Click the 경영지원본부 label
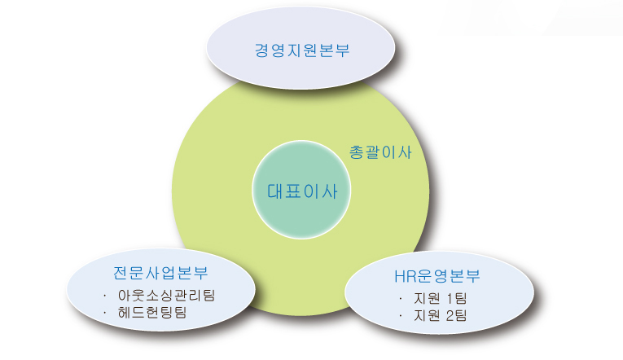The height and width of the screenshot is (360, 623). click(x=302, y=50)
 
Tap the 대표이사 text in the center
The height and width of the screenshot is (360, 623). click(x=302, y=191)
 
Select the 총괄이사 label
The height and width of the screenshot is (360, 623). click(x=380, y=152)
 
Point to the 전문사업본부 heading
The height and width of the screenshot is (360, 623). click(x=160, y=273)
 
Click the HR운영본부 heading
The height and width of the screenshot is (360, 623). click(x=437, y=276)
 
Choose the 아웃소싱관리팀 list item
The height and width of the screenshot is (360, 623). click(x=166, y=295)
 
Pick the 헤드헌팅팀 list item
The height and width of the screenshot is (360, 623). click(x=152, y=312)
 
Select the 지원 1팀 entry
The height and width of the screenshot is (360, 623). click(x=441, y=298)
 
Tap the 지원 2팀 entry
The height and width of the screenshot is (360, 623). click(x=441, y=315)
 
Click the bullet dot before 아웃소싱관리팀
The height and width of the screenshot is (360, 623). click(x=105, y=296)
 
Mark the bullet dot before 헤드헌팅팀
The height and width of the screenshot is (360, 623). click(x=105, y=313)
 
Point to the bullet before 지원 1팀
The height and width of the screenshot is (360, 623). click(x=401, y=299)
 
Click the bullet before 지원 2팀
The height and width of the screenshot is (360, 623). click(x=401, y=316)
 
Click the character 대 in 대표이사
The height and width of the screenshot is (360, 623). click(x=274, y=191)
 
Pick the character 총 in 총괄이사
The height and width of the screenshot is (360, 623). click(x=357, y=152)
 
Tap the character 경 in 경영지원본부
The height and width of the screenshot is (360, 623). click(x=262, y=50)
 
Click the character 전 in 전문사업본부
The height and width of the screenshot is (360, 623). click(x=121, y=273)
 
